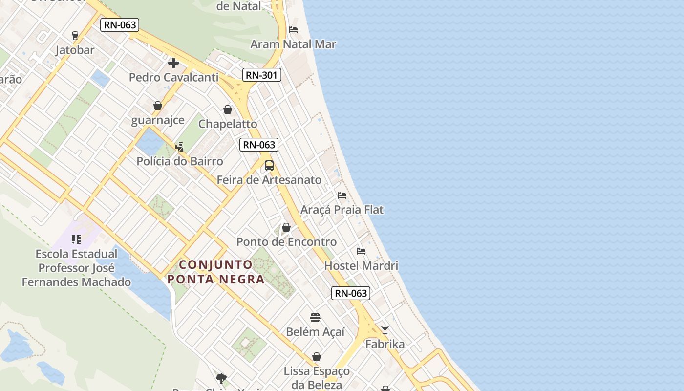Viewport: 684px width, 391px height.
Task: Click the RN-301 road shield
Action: pyautogui.click(x=262, y=75)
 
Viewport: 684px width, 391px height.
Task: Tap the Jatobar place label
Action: pyautogui.click(x=75, y=50)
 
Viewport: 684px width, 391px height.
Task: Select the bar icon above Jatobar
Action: pyautogui.click(x=75, y=35)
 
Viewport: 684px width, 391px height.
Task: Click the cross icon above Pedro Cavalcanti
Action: pyautogui.click(x=173, y=63)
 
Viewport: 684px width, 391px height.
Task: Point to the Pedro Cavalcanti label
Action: pyautogui.click(x=173, y=77)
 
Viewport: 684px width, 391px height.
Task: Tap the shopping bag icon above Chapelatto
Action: pyautogui.click(x=228, y=109)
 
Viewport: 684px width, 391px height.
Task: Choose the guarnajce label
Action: pyautogui.click(x=157, y=120)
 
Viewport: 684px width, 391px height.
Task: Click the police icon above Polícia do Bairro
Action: pyautogui.click(x=179, y=147)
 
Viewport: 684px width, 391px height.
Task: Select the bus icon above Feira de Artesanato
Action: pyautogui.click(x=269, y=166)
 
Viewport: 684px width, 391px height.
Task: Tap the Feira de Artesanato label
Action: pyautogui.click(x=269, y=180)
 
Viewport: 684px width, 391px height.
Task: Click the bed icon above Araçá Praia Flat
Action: pyautogui.click(x=342, y=195)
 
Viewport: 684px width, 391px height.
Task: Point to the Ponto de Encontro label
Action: pyautogui.click(x=286, y=242)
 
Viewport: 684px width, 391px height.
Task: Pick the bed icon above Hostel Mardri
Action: pyautogui.click(x=361, y=251)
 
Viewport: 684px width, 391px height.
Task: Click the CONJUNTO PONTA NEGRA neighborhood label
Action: pyautogui.click(x=216, y=272)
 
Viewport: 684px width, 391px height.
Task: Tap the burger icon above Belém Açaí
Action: pyautogui.click(x=315, y=318)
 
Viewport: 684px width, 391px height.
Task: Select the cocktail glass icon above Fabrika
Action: pyautogui.click(x=385, y=330)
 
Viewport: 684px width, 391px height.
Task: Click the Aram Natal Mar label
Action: pyautogui.click(x=293, y=44)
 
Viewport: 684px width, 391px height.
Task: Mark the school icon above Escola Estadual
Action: pyautogui.click(x=76, y=239)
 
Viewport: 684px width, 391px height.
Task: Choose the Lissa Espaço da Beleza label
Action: pyautogui.click(x=317, y=377)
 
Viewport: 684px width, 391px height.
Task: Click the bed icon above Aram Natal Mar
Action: pyautogui.click(x=293, y=30)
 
